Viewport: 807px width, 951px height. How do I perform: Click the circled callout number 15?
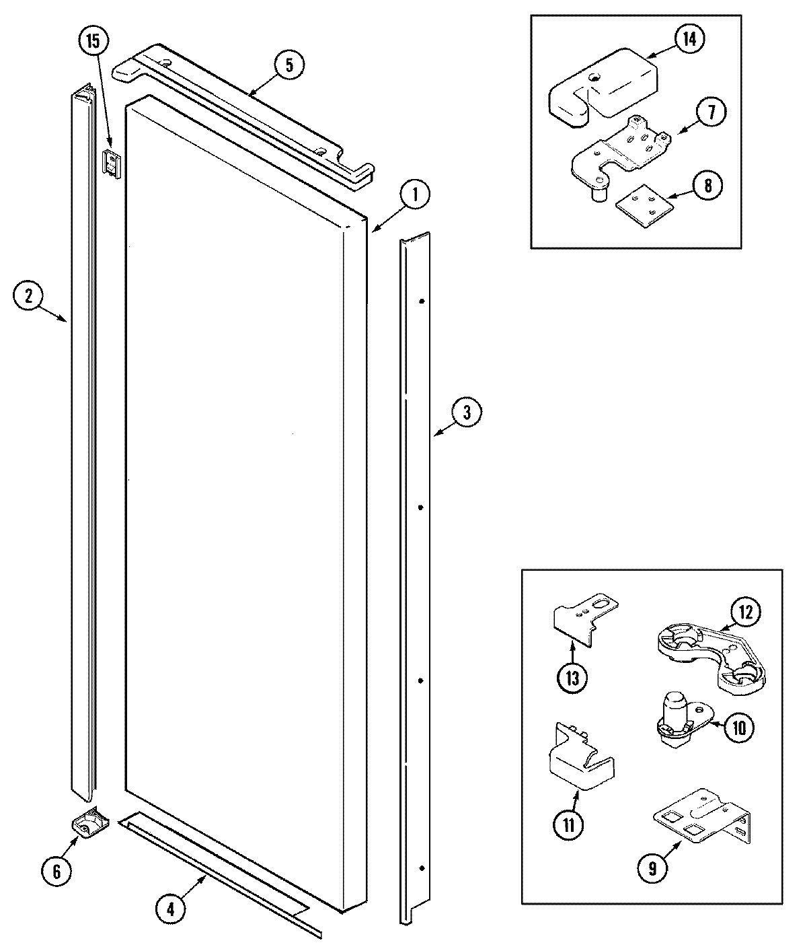(92, 42)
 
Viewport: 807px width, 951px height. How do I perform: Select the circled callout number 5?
(289, 65)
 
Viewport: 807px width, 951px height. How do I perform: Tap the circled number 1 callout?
(416, 195)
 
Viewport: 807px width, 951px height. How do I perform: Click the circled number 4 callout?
(171, 909)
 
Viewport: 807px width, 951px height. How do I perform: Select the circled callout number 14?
(690, 38)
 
